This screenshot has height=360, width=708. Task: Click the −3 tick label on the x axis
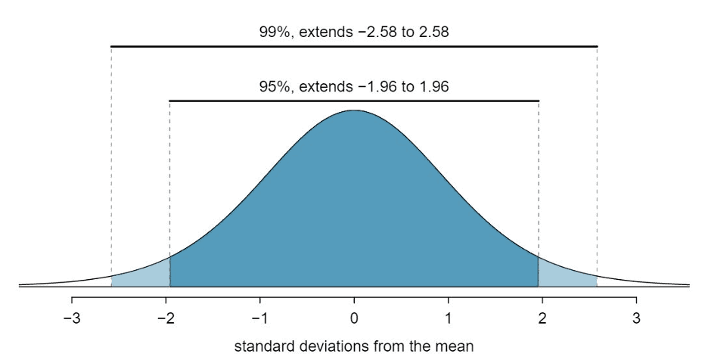[71, 316]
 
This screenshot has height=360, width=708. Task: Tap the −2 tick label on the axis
[165, 316]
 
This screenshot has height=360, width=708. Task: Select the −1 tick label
[259, 316]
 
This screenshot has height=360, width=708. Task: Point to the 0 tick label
[354, 316]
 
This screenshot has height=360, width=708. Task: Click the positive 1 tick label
[449, 316]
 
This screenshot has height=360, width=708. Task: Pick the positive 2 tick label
[542, 316]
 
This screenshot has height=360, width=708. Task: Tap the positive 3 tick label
[636, 316]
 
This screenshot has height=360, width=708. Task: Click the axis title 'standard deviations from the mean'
[353, 347]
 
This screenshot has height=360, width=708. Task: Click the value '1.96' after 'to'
[434, 86]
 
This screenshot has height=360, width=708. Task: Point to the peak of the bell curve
[354, 111]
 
